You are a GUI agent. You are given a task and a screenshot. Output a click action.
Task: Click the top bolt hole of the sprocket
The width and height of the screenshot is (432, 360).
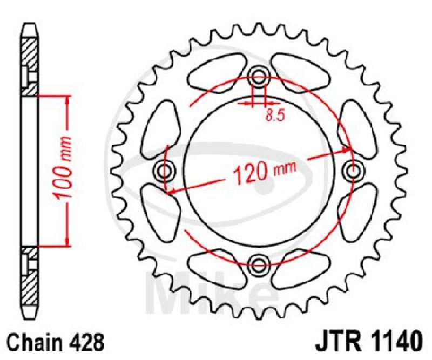(258, 77)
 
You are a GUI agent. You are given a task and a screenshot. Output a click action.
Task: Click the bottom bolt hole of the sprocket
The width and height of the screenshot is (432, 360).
(258, 264)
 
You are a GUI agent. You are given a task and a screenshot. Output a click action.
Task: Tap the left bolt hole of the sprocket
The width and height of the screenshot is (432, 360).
(165, 172)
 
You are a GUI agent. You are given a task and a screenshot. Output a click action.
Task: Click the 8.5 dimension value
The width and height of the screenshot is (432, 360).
(274, 116)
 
